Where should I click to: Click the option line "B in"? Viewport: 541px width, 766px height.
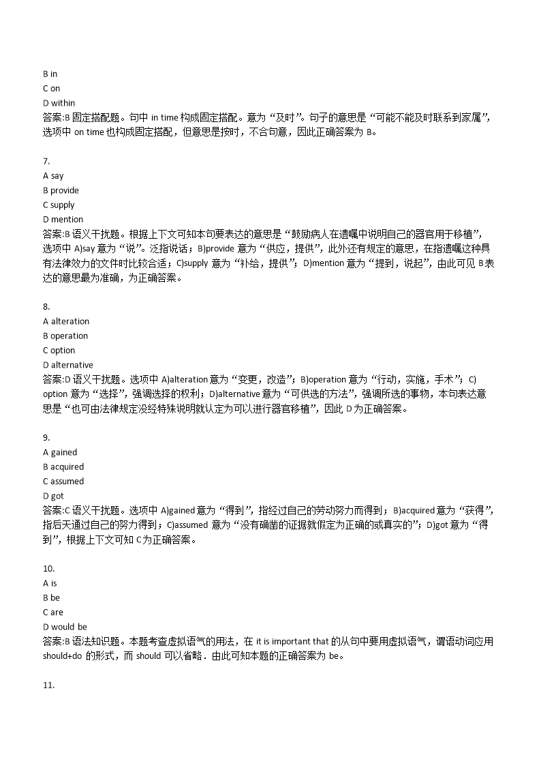50,74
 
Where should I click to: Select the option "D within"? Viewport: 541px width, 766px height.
59,103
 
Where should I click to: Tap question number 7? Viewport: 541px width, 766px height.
46,161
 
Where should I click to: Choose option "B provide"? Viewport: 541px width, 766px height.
61,190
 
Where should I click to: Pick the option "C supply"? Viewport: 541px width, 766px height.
59,205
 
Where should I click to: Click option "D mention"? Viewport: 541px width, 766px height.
63,220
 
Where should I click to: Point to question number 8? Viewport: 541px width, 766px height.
46,307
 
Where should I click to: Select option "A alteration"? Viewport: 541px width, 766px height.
65,321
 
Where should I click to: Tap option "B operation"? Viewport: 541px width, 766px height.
65,336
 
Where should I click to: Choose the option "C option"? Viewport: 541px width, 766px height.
59,351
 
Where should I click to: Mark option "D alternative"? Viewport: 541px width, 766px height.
67,365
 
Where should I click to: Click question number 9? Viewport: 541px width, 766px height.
46,438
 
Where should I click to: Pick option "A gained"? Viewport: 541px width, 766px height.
60,452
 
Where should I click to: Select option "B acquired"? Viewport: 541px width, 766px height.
63,467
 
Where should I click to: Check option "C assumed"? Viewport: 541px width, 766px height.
63,482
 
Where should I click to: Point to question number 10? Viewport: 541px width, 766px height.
48,568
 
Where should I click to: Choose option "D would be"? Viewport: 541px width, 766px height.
65,627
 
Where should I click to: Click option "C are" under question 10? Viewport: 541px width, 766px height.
52,613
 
